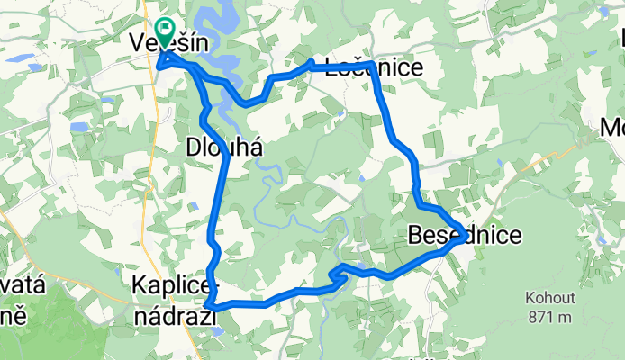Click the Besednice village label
click(x=464, y=237)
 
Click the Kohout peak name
click(x=551, y=298)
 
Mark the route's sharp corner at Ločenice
click(x=371, y=64)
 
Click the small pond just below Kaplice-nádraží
click(x=216, y=330)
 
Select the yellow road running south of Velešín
click(x=159, y=135)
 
